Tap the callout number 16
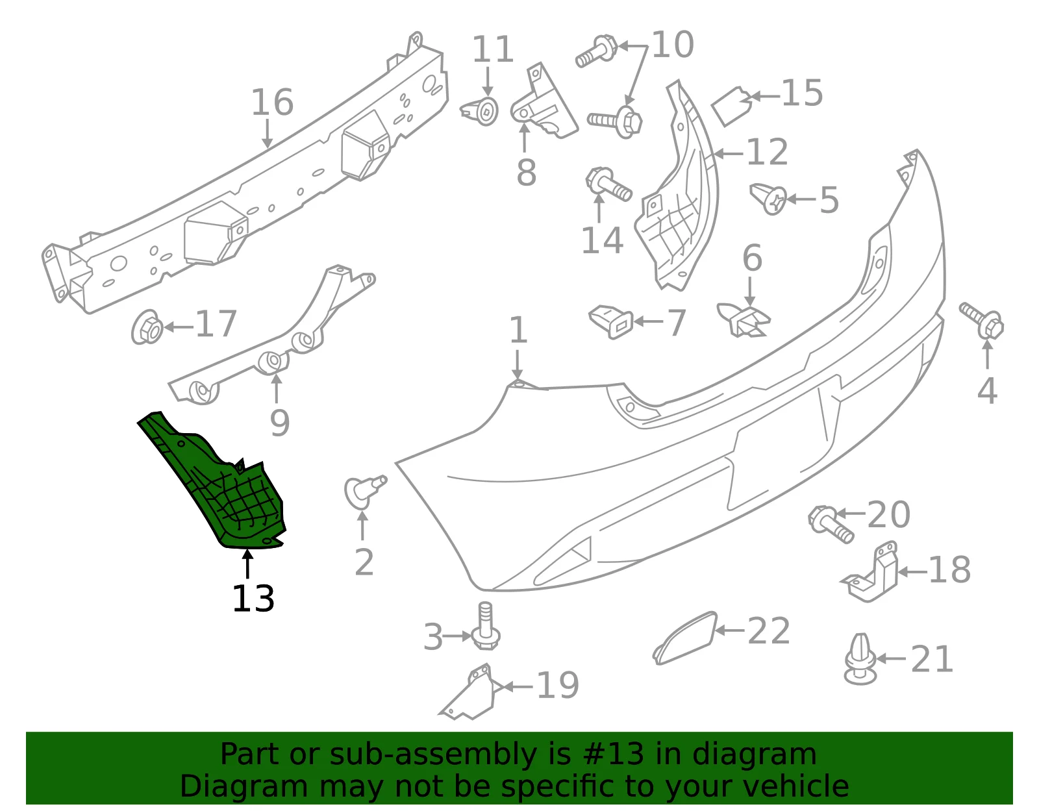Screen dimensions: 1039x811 [272, 102]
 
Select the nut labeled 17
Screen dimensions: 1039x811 [147, 327]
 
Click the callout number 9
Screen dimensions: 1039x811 [280, 423]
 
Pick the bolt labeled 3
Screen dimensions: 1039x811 [485, 625]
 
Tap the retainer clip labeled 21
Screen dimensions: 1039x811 [860, 658]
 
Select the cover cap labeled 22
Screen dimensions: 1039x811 [685, 638]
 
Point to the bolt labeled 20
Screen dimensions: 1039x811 [831, 524]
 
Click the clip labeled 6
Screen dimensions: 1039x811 [744, 319]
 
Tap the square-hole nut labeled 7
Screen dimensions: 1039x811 [611, 321]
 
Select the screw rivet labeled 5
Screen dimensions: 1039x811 [768, 199]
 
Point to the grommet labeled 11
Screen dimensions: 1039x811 [480, 111]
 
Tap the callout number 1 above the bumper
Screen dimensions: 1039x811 [518, 330]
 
